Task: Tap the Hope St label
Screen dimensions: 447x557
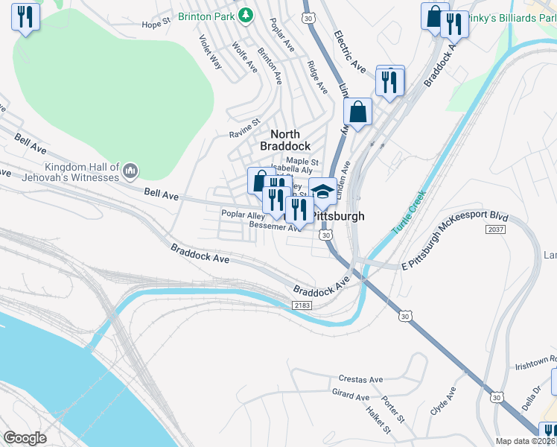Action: click(x=156, y=24)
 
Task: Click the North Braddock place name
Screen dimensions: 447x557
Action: click(x=285, y=139)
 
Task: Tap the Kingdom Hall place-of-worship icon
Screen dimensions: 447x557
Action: click(x=130, y=172)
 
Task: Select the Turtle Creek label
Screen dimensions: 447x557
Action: click(x=408, y=212)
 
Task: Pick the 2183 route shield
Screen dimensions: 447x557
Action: click(x=301, y=306)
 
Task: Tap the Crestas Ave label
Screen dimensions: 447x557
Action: click(x=360, y=379)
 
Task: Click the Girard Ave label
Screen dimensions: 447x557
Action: click(x=351, y=394)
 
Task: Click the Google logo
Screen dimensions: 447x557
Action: click(x=25, y=437)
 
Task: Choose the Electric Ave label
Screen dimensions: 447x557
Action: click(x=350, y=52)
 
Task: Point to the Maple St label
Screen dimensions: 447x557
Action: click(x=302, y=161)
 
